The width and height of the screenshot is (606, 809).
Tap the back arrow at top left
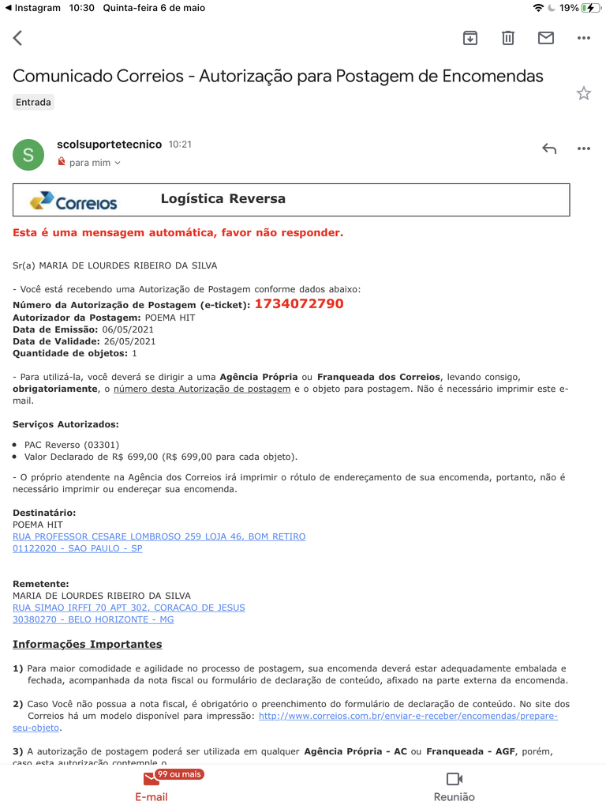pyautogui.click(x=17, y=38)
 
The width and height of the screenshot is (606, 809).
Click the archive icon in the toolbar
pyautogui.click(x=470, y=38)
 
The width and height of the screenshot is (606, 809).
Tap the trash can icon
pyautogui.click(x=508, y=38)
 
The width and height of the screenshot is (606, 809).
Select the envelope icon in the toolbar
pyautogui.click(x=546, y=38)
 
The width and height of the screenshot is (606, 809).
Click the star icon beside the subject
pyautogui.click(x=584, y=93)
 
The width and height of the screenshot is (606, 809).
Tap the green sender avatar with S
pyautogui.click(x=28, y=155)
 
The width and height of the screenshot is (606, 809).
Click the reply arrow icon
pyautogui.click(x=549, y=149)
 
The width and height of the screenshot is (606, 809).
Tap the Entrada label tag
pyautogui.click(x=33, y=102)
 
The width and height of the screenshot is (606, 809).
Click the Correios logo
pyautogui.click(x=73, y=201)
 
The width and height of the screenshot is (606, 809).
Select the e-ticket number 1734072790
pyautogui.click(x=299, y=304)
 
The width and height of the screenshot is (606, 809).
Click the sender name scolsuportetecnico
pyautogui.click(x=109, y=145)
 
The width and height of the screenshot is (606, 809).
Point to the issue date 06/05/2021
pyautogui.click(x=128, y=329)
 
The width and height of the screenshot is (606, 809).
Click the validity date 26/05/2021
pyautogui.click(x=129, y=341)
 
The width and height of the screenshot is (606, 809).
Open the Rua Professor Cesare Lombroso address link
pyautogui.click(x=159, y=536)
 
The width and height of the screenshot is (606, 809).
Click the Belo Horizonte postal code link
pyautogui.click(x=93, y=619)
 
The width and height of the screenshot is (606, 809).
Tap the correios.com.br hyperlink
pyautogui.click(x=408, y=716)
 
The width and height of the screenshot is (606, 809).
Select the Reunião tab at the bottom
pyautogui.click(x=454, y=787)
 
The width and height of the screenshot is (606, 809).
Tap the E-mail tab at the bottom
pyautogui.click(x=151, y=787)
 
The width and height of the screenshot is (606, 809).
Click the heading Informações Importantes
pyautogui.click(x=87, y=644)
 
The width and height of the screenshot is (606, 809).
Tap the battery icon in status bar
pyautogui.click(x=589, y=8)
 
